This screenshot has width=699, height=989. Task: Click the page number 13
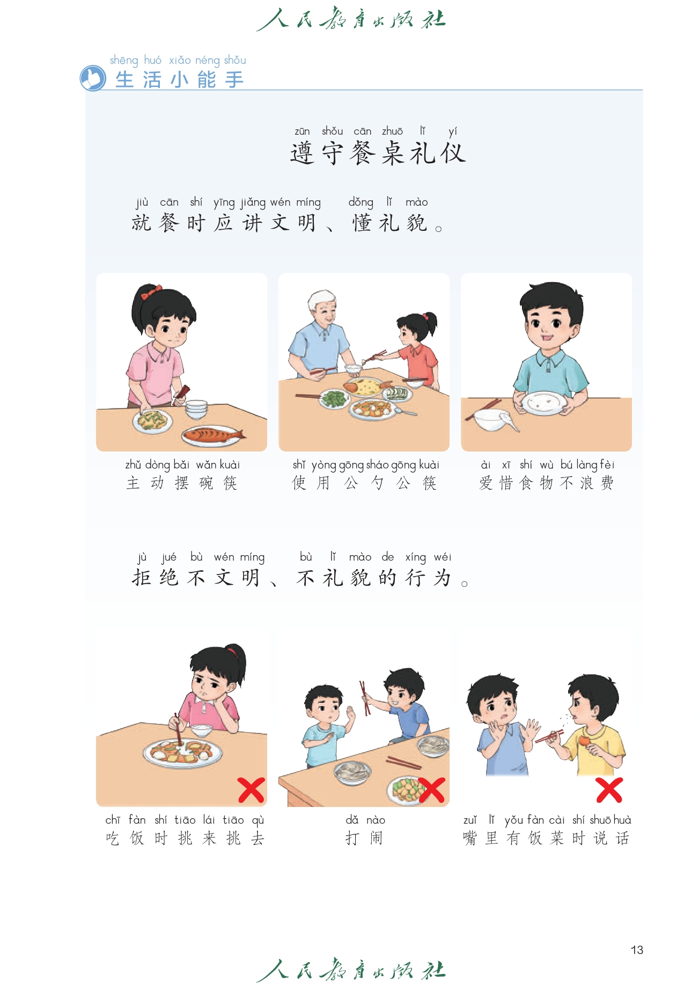[x=637, y=950]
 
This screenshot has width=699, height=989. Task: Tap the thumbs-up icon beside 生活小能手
[x=93, y=78]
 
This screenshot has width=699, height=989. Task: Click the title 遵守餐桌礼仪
[x=378, y=153]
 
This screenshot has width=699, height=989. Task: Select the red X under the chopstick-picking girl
[x=251, y=790]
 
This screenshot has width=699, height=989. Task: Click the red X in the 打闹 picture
[x=431, y=790]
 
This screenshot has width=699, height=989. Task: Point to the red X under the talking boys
[x=609, y=790]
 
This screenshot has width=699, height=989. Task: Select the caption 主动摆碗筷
[x=181, y=483]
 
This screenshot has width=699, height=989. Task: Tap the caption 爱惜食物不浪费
[x=546, y=483]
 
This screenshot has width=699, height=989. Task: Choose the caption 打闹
[x=364, y=838]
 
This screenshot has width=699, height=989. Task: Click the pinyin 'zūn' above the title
[x=302, y=131]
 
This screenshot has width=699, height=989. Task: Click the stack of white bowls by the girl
[x=196, y=409]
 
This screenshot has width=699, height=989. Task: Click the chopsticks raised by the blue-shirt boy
[x=365, y=698]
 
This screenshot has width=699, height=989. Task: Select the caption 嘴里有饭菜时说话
[x=546, y=838]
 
